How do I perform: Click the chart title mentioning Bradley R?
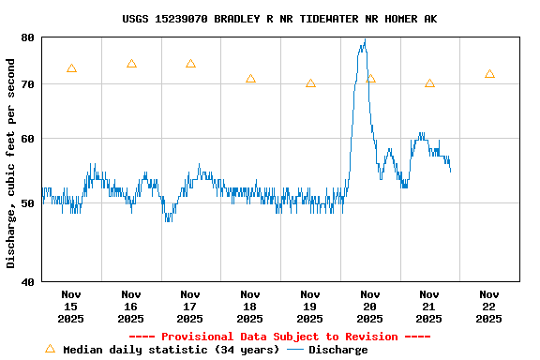coord(278,19)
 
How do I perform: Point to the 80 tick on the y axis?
coord(26,37)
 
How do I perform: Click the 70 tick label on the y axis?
coord(26,84)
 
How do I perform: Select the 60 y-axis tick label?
coord(26,139)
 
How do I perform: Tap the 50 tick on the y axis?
coord(26,202)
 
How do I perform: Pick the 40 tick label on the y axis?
coord(26,281)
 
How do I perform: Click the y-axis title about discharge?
coord(10,163)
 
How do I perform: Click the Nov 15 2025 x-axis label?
coord(71,307)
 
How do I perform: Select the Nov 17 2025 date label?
coord(190,307)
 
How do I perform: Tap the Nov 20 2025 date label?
coord(369,307)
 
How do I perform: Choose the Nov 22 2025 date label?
coord(489,307)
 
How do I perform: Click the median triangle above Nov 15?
coord(71,68)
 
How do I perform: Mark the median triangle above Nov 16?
coord(131,64)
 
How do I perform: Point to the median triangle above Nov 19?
coord(310,83)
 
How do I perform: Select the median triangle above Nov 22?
coord(489,74)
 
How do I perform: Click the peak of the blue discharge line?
coord(365,40)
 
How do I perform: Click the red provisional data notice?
coord(278,337)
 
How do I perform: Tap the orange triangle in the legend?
coord(51,349)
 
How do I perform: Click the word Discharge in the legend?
coord(337,350)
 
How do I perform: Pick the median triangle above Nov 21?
coord(429,83)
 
